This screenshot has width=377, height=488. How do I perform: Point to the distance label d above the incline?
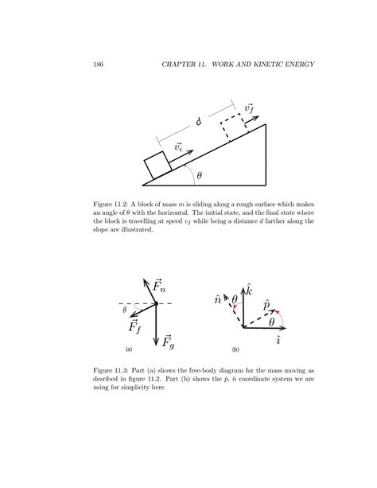point(197,123)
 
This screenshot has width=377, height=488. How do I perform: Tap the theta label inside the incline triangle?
point(199,176)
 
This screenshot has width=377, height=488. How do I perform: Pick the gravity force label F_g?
point(168,342)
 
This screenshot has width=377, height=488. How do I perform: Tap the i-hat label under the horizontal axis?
point(277,339)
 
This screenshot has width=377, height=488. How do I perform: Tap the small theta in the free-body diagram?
point(126,310)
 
